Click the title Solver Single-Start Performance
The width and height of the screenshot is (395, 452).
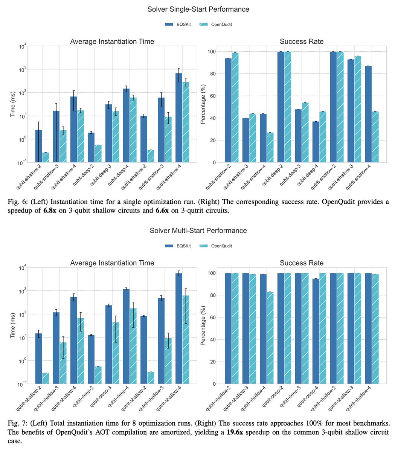pos(198,9)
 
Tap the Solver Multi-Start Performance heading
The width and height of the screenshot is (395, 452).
pos(198,230)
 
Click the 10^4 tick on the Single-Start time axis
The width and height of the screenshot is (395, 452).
pos(21,46)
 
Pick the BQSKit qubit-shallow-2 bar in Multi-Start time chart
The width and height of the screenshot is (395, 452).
pos(38,358)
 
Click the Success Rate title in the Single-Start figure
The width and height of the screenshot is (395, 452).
pos(301,41)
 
